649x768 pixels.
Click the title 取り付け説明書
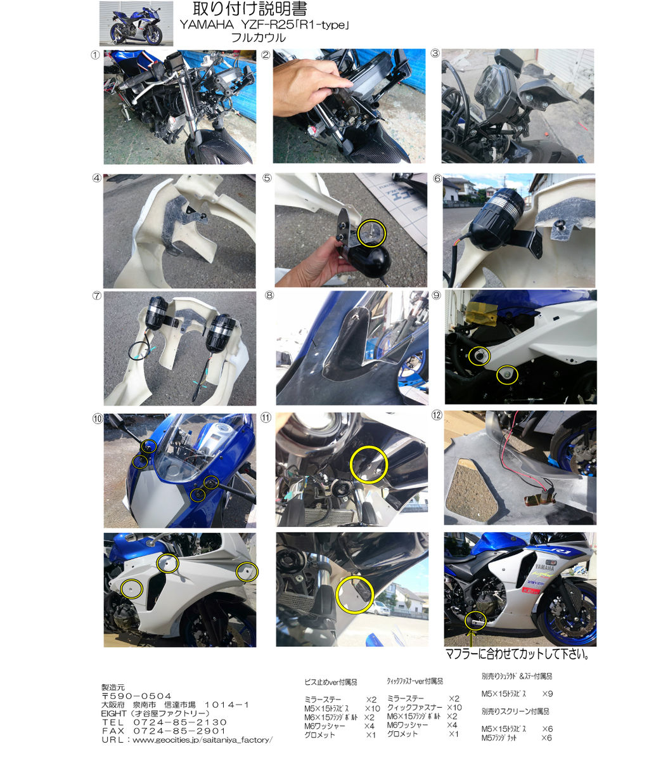pyautogui.click(x=250, y=9)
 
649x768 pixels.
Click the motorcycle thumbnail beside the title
pyautogui.click(x=136, y=23)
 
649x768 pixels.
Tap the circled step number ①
pyautogui.click(x=96, y=55)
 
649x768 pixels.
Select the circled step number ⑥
pyautogui.click(x=437, y=178)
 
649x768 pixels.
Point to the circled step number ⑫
pyautogui.click(x=437, y=415)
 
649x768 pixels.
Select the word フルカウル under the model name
pyautogui.click(x=259, y=38)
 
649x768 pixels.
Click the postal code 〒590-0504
pyautogui.click(x=136, y=696)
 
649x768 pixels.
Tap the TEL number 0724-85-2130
pyautogui.click(x=180, y=722)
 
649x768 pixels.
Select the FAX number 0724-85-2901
pyautogui.click(x=180, y=731)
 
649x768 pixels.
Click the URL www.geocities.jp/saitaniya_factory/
pyautogui.click(x=203, y=739)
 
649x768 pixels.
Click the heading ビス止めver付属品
pyautogui.click(x=331, y=682)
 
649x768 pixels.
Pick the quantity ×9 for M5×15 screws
pyautogui.click(x=548, y=694)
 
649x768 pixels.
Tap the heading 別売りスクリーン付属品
pyautogui.click(x=515, y=711)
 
